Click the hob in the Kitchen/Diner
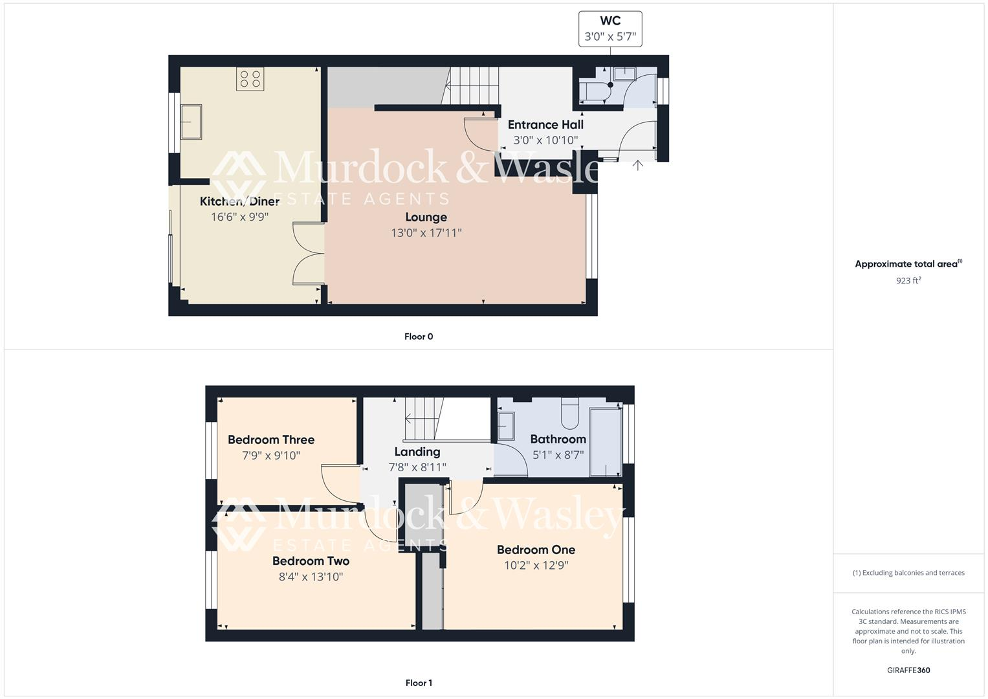(x=250, y=79)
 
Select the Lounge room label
(x=426, y=217)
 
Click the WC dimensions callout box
(x=610, y=29)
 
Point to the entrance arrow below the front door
(x=638, y=165)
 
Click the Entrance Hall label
(x=545, y=125)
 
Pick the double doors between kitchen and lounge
(x=308, y=253)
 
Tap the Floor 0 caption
(x=419, y=337)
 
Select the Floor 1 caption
(x=419, y=683)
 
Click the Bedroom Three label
(x=271, y=440)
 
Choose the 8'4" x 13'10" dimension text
(x=311, y=577)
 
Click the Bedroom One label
(x=536, y=550)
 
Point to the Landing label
(x=417, y=452)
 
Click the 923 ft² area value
(x=908, y=281)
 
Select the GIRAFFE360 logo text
(x=908, y=671)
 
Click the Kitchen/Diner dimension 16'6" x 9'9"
(x=239, y=217)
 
